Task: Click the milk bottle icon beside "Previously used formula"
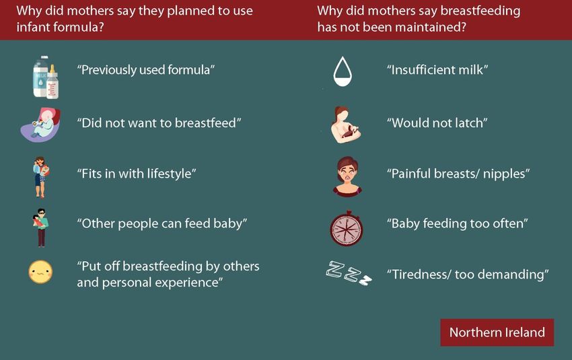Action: coord(46,77)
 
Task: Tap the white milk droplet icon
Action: coord(343,71)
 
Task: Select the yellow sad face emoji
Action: coord(40,272)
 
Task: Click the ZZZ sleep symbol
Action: coord(349,273)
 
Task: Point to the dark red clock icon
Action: coord(346,228)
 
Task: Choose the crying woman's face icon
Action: coord(347,176)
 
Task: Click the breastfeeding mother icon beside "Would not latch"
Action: coord(345,124)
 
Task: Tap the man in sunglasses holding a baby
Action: coord(41,227)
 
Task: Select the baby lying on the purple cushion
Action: coord(40,124)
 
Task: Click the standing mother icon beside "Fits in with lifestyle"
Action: coord(41,177)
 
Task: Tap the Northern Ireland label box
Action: coord(497,332)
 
